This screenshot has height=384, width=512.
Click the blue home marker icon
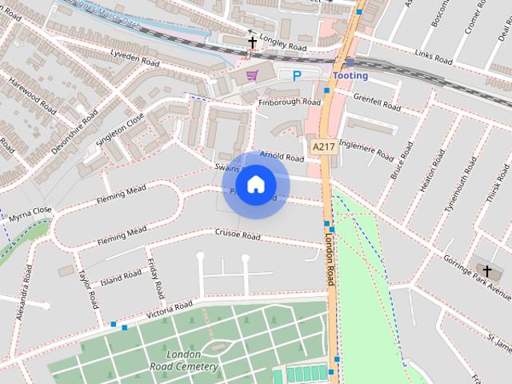pos(255,185)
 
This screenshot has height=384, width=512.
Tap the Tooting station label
pos(350,76)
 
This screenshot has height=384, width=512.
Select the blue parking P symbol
pos(297,76)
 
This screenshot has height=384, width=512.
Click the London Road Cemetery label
pos(184,360)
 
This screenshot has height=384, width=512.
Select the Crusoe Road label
pos(238,236)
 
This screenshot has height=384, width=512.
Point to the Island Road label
pos(122,278)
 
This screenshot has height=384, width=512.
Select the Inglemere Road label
pos(366,148)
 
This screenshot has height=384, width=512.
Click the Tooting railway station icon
pos(350,62)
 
